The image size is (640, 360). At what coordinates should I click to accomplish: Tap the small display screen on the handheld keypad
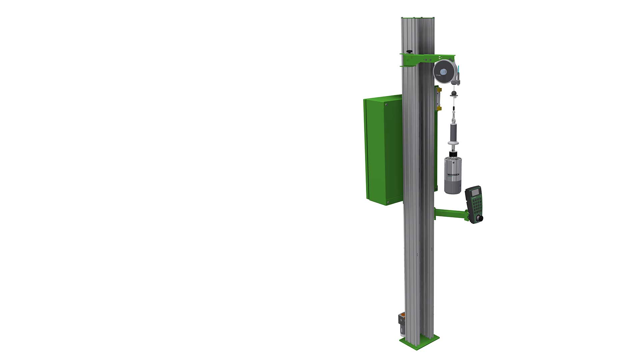[475, 192]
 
